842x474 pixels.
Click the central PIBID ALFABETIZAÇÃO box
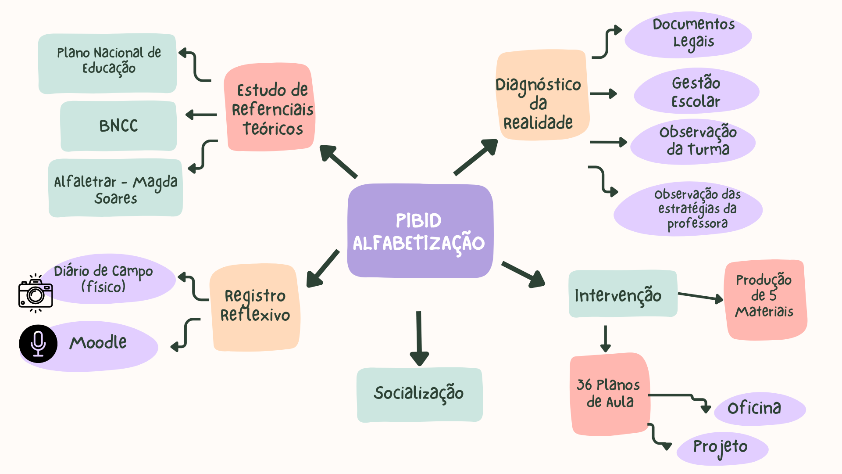pyautogui.click(x=420, y=231)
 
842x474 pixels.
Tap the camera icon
pyautogui.click(x=36, y=294)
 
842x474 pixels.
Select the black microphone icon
pyautogui.click(x=38, y=344)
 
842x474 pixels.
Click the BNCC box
pyautogui.click(x=118, y=126)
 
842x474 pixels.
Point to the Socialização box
pyautogui.click(x=420, y=394)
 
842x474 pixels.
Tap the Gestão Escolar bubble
pyautogui.click(x=696, y=91)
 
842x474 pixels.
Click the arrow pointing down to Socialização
pyautogui.click(x=419, y=338)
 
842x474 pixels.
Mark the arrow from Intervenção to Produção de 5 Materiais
pyautogui.click(x=700, y=297)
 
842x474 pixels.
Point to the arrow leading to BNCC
pyautogui.click(x=201, y=115)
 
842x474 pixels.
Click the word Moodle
pyautogui.click(x=98, y=343)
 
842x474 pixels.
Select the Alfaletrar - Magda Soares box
pyautogui.click(x=115, y=188)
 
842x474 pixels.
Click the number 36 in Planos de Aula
pyautogui.click(x=585, y=385)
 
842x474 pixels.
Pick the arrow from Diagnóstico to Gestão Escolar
pyautogui.click(x=603, y=93)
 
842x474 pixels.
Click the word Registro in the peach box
pyautogui.click(x=255, y=296)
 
